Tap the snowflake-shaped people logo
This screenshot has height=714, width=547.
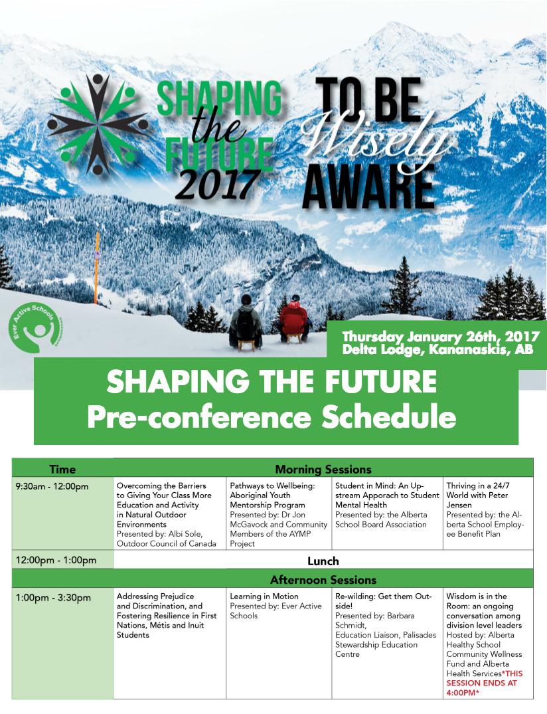(x=98, y=124)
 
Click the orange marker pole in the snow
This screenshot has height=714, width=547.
(x=96, y=268)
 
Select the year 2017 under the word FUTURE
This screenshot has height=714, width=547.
(x=218, y=183)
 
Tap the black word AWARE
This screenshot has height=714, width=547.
(x=368, y=186)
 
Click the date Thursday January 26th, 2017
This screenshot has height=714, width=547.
(x=441, y=337)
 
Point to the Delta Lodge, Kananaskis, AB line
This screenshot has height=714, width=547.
(x=437, y=350)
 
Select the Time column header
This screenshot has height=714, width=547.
(x=62, y=470)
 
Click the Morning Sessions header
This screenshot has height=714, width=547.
(x=323, y=470)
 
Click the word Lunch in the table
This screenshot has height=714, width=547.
(x=323, y=561)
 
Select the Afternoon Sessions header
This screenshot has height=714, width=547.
(x=323, y=580)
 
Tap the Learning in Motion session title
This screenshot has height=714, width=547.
(x=264, y=596)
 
